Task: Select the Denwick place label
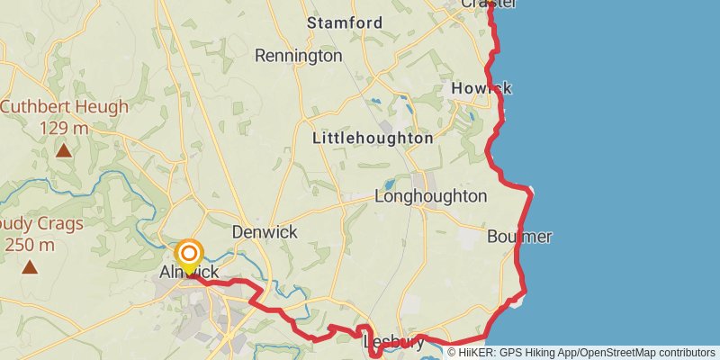tap(265, 231)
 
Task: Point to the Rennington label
tap(298, 56)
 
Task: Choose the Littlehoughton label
tap(373, 139)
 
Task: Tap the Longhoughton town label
tap(430, 196)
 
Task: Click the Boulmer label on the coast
tap(519, 237)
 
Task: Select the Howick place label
tap(481, 88)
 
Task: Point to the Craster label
tap(489, 4)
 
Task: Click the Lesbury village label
tap(392, 343)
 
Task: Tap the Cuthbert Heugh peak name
tap(64, 107)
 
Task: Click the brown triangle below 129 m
tap(64, 150)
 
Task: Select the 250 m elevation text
tap(30, 244)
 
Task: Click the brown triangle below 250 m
tap(30, 266)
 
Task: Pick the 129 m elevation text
tap(64, 129)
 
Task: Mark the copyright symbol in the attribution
tap(453, 353)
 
